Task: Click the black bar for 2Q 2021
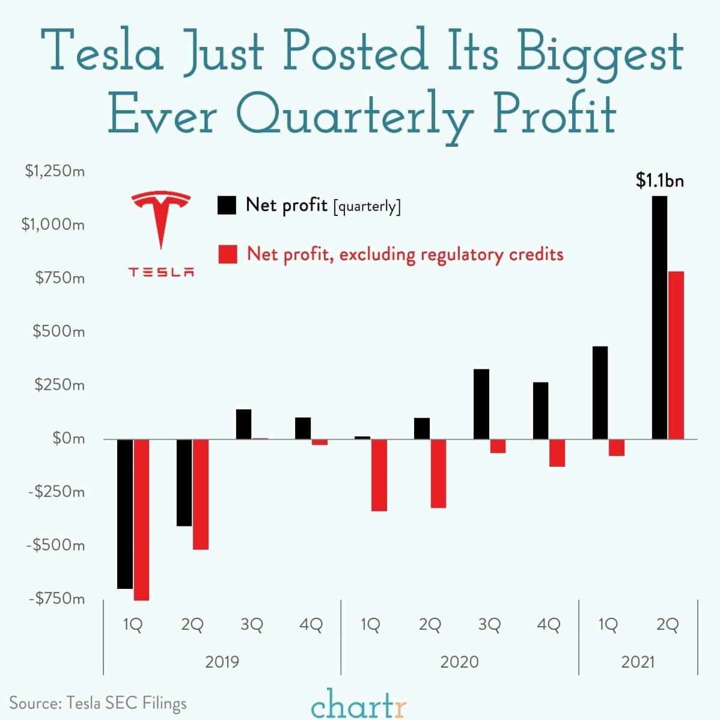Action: point(659,318)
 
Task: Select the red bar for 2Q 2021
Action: point(676,355)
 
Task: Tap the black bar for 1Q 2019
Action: point(125,514)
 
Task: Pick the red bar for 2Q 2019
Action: point(201,494)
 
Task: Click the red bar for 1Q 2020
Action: point(379,475)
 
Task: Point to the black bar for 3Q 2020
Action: point(481,404)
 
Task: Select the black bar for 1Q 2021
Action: point(600,392)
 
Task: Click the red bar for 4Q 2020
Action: point(557,452)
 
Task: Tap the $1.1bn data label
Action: point(660,180)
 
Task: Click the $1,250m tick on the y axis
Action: point(55,171)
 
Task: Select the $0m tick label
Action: point(68,438)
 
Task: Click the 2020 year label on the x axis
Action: point(460,662)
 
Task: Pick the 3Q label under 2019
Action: point(252,625)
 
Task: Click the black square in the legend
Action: point(227,206)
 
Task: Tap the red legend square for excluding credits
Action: point(227,254)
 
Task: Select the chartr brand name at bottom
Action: point(359,704)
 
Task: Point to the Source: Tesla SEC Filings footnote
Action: point(98,703)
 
